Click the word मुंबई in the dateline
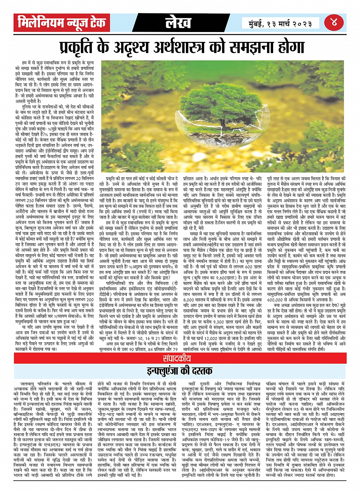[x=256, y=23]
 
